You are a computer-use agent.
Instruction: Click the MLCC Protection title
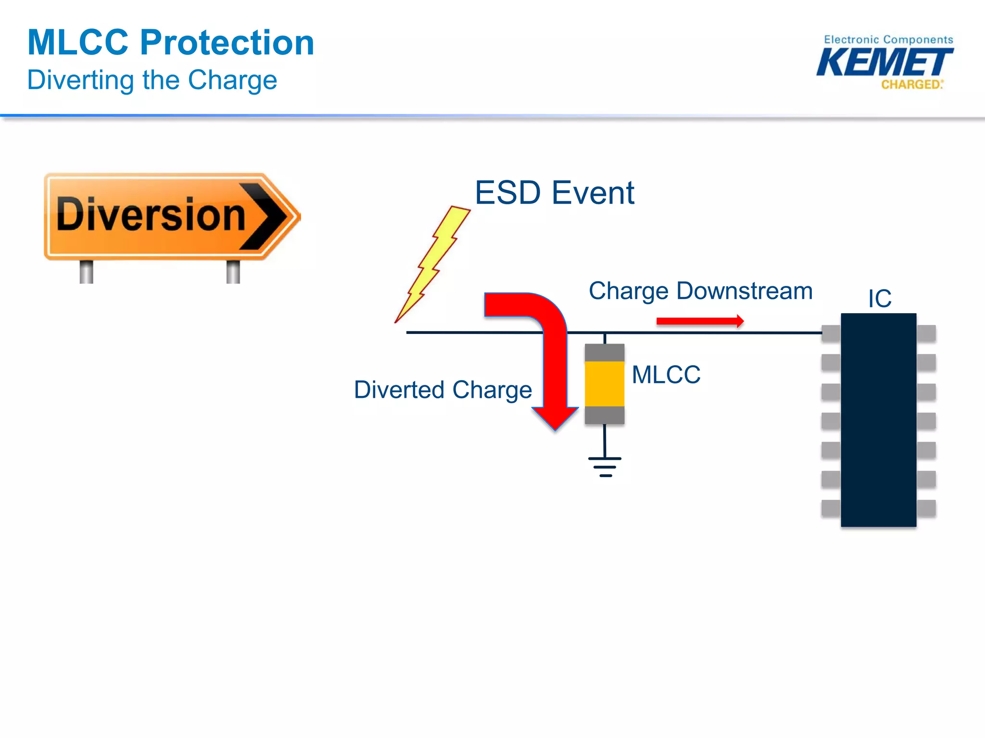(x=171, y=42)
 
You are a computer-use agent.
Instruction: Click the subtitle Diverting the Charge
(x=152, y=80)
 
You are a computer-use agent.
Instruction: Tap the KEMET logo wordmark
(x=884, y=62)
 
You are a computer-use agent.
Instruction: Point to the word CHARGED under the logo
(x=911, y=85)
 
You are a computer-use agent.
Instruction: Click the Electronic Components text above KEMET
(x=888, y=39)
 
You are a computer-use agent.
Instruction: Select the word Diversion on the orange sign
(x=151, y=215)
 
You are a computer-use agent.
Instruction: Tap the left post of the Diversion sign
(x=86, y=271)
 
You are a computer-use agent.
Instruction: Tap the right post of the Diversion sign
(x=233, y=271)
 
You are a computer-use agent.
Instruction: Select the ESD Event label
(x=554, y=193)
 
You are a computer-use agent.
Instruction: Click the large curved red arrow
(x=553, y=346)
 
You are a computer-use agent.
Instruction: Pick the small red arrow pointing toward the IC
(x=700, y=321)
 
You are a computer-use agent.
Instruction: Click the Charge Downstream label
(x=700, y=291)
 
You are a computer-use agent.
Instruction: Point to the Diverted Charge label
(x=442, y=390)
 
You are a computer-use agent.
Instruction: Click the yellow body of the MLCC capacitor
(x=605, y=384)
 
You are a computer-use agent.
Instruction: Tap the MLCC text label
(x=666, y=375)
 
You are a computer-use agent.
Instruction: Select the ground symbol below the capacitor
(x=605, y=466)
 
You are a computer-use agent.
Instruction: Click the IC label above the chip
(x=879, y=298)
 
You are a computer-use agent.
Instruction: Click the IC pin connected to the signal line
(x=831, y=333)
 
